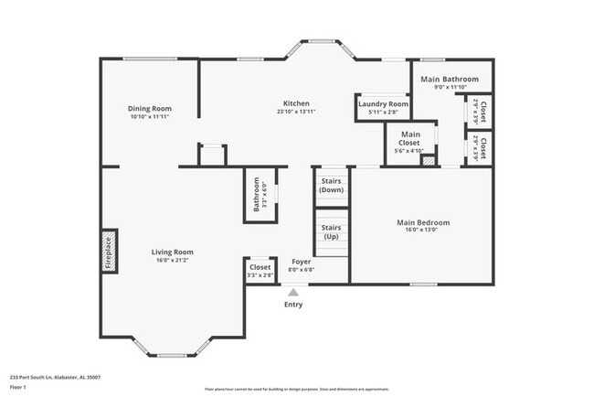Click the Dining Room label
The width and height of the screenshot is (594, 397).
(150, 109)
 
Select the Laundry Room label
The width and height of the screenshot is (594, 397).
(383, 104)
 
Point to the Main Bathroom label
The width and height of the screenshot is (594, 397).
(449, 80)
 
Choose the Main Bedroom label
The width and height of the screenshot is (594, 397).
(422, 222)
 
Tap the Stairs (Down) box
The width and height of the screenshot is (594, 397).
(331, 186)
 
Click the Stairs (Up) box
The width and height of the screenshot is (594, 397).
(331, 231)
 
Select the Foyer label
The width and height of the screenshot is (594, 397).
(301, 262)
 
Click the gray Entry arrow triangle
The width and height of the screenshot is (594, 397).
(293, 292)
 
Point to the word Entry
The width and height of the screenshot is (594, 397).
(293, 305)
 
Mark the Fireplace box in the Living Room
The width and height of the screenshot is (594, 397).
(108, 252)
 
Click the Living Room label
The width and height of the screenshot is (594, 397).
(172, 252)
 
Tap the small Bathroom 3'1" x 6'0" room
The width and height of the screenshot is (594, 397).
(257, 194)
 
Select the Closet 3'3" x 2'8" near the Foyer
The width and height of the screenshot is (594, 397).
(260, 271)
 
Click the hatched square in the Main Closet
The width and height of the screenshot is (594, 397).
(426, 160)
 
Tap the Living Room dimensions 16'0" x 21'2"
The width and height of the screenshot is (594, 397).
(172, 261)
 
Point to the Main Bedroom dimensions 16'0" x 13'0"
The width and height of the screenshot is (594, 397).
(422, 231)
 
